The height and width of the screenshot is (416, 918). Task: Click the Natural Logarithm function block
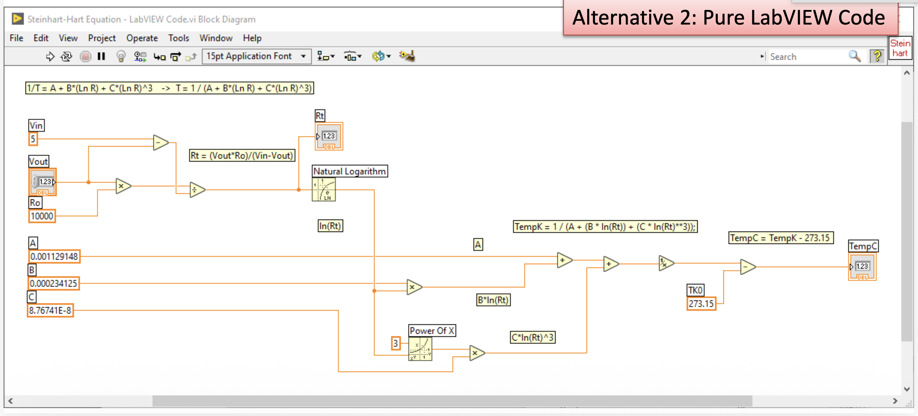click(323, 189)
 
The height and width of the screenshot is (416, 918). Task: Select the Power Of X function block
click(420, 349)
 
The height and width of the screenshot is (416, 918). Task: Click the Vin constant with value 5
click(33, 139)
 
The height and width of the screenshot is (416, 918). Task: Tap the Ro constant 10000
click(42, 216)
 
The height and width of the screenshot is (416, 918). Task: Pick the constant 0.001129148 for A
click(54, 256)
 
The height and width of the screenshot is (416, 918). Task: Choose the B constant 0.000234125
click(53, 283)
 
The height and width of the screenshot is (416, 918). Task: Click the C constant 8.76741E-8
click(50, 311)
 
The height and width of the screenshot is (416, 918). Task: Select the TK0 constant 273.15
click(701, 304)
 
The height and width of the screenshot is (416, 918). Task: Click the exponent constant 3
click(396, 343)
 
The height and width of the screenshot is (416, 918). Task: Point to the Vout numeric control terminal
click(43, 182)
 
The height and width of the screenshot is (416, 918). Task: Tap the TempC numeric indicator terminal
click(862, 266)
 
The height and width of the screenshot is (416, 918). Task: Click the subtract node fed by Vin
click(161, 143)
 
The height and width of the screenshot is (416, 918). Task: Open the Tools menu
click(179, 38)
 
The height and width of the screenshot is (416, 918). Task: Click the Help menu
click(252, 38)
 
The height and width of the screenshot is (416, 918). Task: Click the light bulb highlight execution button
click(121, 56)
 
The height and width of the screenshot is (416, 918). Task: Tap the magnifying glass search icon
click(855, 56)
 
